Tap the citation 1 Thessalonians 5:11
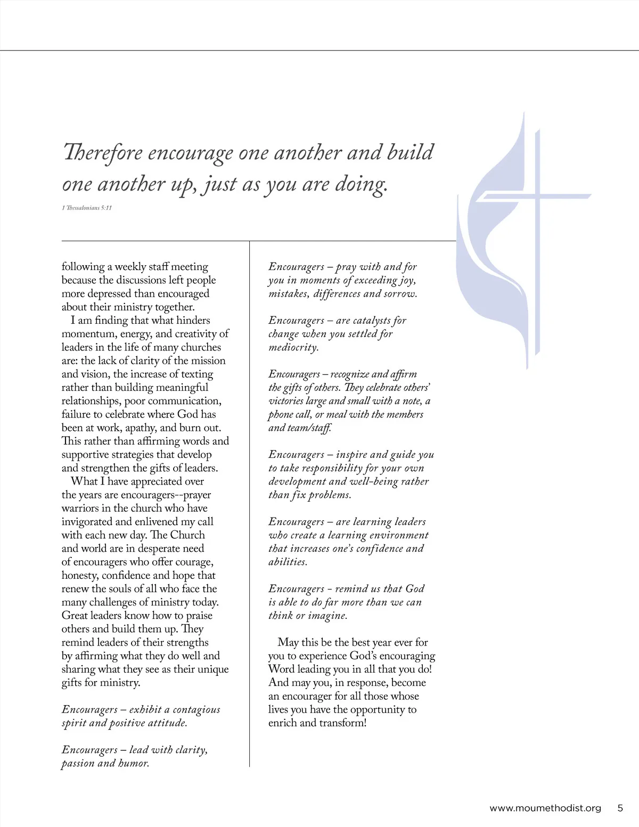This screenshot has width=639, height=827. coord(87,208)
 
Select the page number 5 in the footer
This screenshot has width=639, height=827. coord(620,808)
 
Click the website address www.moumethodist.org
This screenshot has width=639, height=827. coord(545,808)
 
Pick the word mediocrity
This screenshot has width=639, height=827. coord(293,347)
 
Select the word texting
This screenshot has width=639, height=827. coord(195,374)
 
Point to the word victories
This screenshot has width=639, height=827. coord(286,401)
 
